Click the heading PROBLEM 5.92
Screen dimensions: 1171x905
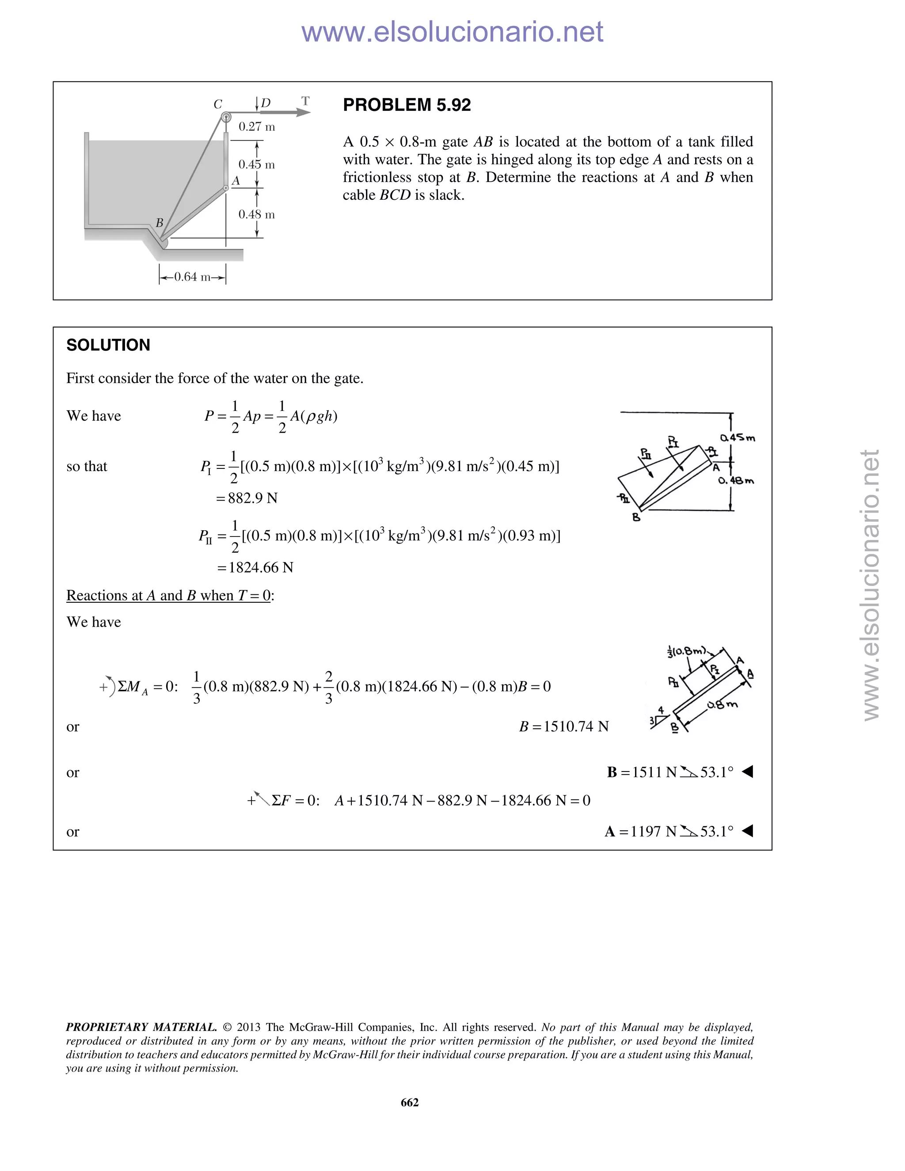click(407, 105)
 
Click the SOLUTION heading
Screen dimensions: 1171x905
click(108, 345)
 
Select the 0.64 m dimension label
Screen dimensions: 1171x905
click(192, 277)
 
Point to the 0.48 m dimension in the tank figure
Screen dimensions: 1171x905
click(256, 214)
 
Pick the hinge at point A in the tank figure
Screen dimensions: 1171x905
click(226, 188)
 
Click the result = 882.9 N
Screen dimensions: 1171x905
click(247, 498)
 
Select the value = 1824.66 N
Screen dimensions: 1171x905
click(255, 567)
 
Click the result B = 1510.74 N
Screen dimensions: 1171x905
click(563, 726)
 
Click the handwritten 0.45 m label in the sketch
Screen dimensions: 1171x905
click(737, 437)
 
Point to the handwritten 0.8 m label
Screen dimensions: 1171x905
click(722, 704)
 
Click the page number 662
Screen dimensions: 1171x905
click(410, 1102)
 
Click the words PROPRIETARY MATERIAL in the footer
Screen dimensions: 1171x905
click(141, 1027)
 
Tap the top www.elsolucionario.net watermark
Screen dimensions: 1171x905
click(452, 32)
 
